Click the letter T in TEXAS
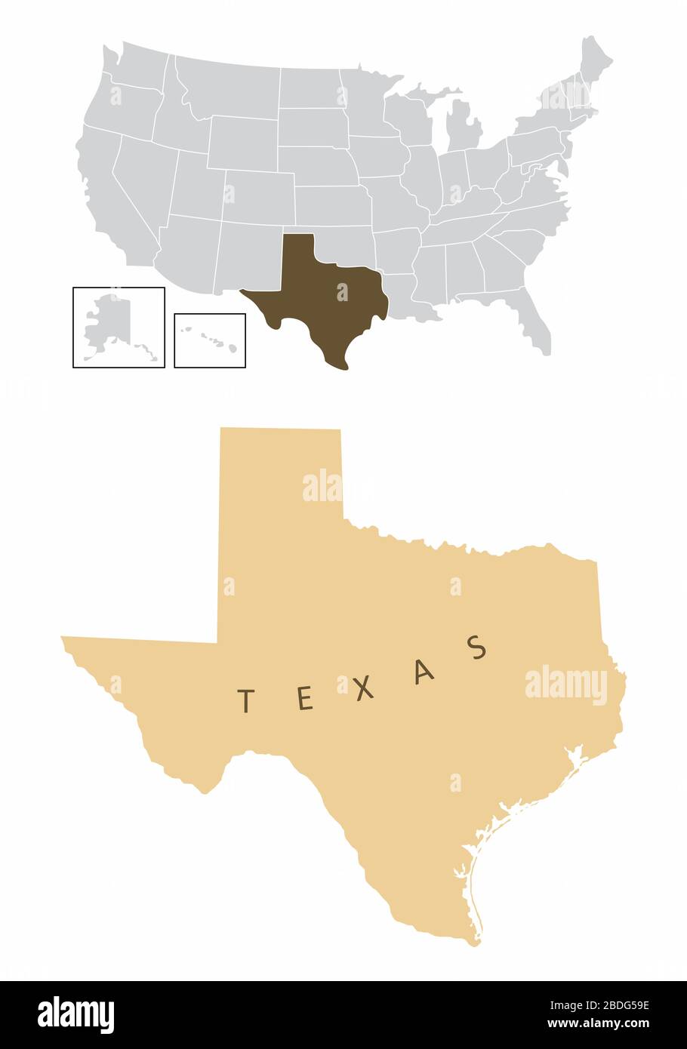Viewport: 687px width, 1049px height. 245,701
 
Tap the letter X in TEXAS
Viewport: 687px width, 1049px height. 365,688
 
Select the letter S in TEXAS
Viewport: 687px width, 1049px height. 476,648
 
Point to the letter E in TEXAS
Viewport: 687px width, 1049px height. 304,700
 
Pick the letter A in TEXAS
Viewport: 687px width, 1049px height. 425,672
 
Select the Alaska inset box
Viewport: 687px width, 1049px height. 119,327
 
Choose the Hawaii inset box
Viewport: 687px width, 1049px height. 210,340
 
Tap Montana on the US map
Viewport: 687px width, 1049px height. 226,83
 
